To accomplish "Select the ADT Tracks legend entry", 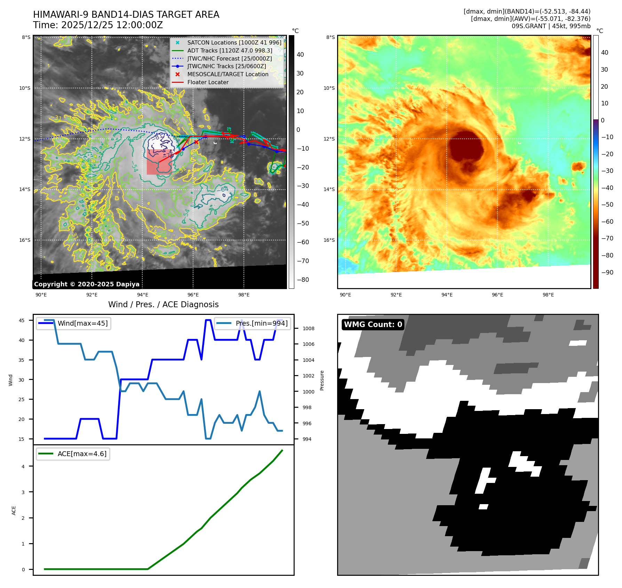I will [229, 50].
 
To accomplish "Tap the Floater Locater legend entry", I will [208, 82].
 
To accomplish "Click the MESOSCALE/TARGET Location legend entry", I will [228, 74].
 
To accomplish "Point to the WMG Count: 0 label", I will [373, 324].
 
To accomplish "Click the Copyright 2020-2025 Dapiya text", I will [87, 284].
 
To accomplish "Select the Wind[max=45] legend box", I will [74, 323].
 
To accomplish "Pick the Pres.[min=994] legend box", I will [253, 323].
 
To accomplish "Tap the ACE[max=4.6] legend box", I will [73, 454].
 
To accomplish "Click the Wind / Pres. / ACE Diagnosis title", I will [164, 304].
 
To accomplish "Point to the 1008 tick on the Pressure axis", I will [308, 328].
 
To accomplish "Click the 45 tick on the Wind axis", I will [22, 320].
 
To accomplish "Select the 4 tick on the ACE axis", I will [23, 466].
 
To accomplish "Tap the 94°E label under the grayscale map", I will [143, 295].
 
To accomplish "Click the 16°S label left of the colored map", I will [329, 240].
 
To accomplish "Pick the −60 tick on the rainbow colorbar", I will [607, 221].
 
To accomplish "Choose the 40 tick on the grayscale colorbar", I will [300, 54].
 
